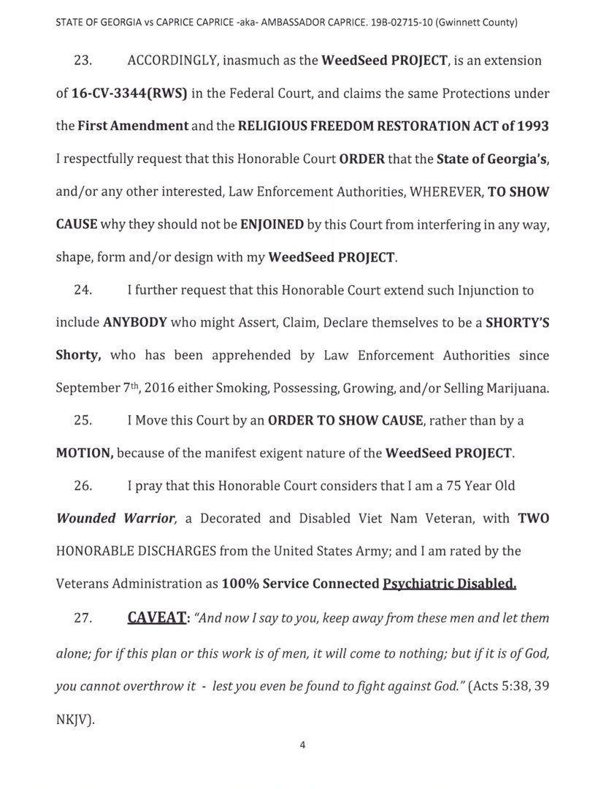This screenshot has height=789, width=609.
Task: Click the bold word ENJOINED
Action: coord(272,224)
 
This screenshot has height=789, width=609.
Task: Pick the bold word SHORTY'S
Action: coord(513,322)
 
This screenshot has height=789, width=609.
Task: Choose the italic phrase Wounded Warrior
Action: coord(116,518)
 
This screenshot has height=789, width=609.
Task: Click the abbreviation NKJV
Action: coord(73,719)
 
